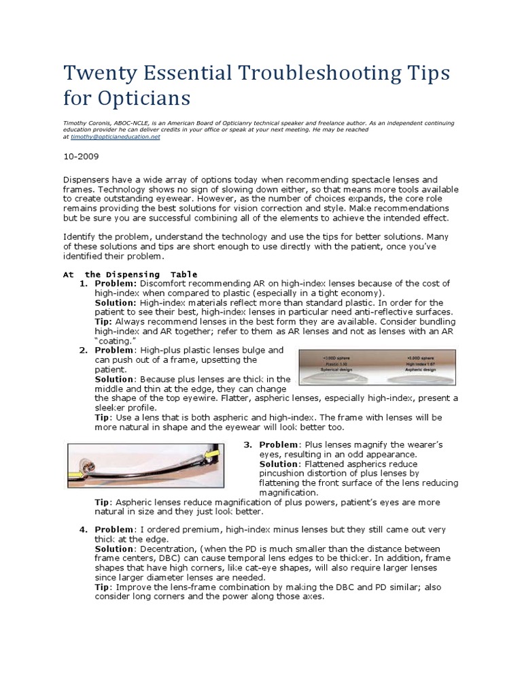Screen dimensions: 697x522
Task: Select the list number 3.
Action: point(248,444)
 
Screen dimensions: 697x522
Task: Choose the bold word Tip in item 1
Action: point(103,321)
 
